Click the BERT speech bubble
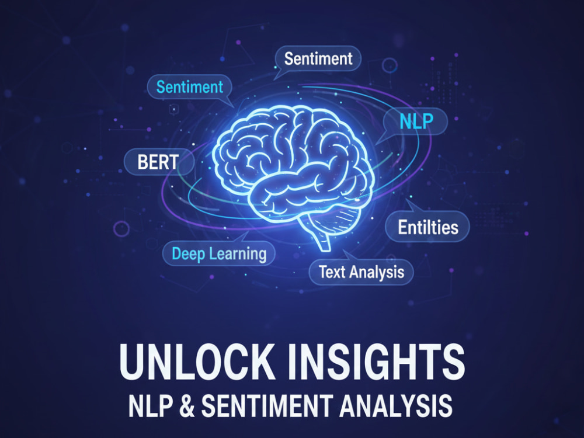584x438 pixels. (x=159, y=162)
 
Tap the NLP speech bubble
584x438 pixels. (x=415, y=121)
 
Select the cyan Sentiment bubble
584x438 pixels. (x=190, y=88)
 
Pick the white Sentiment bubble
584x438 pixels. (x=318, y=58)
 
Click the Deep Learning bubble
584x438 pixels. (x=219, y=253)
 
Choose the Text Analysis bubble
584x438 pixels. (x=361, y=272)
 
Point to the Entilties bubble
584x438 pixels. (x=427, y=227)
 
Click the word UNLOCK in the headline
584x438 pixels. (x=196, y=361)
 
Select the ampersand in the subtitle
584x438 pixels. (x=187, y=406)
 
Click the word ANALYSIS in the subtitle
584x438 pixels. (x=396, y=406)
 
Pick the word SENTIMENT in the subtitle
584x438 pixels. (x=267, y=406)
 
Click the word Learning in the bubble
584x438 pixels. (x=238, y=254)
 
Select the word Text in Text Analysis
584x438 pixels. (x=332, y=272)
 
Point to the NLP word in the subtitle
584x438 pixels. (x=151, y=406)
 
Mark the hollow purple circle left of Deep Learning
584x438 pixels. (x=121, y=229)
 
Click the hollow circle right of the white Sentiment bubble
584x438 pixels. (x=390, y=65)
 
